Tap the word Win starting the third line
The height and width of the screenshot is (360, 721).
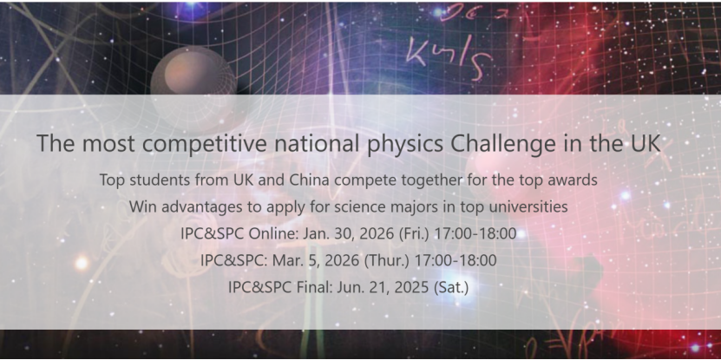click(142, 207)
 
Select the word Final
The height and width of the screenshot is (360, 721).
click(306, 286)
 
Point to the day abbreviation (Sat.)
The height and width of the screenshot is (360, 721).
click(450, 286)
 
